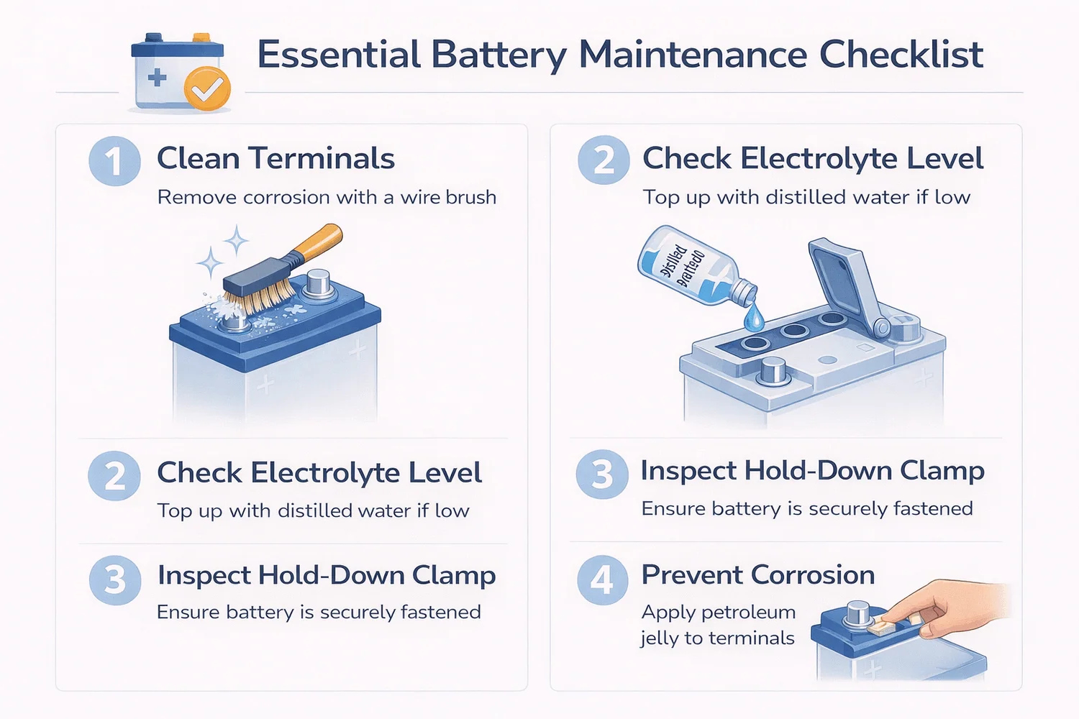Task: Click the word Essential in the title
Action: pyautogui.click(x=339, y=55)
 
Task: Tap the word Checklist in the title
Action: pyautogui.click(x=901, y=55)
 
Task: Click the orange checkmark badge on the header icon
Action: pyautogui.click(x=207, y=89)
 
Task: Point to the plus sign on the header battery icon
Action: pyautogui.click(x=157, y=77)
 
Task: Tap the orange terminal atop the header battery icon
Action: pyautogui.click(x=201, y=37)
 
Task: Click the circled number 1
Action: pyautogui.click(x=114, y=161)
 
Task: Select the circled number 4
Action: pyautogui.click(x=602, y=580)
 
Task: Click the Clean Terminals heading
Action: pyautogui.click(x=276, y=158)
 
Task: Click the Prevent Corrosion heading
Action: pyautogui.click(x=757, y=574)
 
